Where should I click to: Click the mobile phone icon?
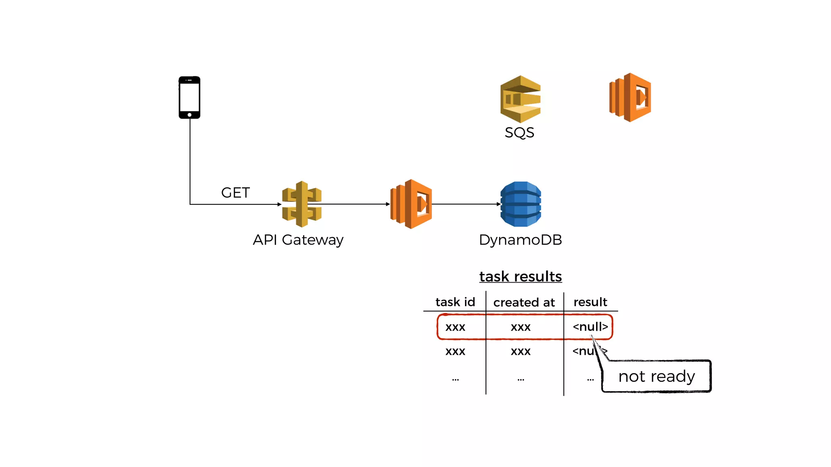click(189, 97)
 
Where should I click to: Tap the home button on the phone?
click(189, 115)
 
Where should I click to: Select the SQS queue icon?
click(520, 99)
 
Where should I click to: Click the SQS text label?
click(519, 133)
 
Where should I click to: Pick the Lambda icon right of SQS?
click(630, 97)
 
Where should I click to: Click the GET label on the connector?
click(235, 193)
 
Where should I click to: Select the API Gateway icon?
click(302, 204)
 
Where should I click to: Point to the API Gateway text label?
click(298, 240)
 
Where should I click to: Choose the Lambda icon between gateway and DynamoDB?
click(411, 204)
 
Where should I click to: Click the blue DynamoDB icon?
click(521, 204)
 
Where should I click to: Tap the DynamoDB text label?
click(521, 240)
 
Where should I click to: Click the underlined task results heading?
click(521, 276)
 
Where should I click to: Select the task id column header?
click(455, 302)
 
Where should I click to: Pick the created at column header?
click(524, 302)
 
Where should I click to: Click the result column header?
click(590, 302)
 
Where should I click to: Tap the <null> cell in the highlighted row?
click(590, 327)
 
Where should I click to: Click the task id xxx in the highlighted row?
click(455, 327)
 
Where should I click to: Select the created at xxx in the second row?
click(521, 351)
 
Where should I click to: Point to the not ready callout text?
click(657, 377)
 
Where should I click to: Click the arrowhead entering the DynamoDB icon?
click(499, 204)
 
